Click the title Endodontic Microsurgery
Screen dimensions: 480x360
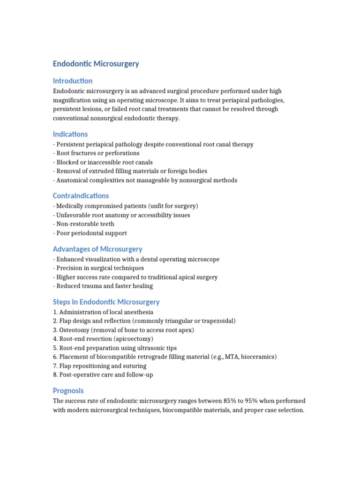click(x=96, y=64)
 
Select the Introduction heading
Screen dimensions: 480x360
click(x=73, y=81)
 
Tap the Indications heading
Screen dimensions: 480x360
click(x=70, y=134)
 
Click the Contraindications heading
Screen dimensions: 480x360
click(x=81, y=196)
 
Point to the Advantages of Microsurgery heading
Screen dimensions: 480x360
click(x=97, y=249)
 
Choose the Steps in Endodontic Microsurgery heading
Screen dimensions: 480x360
click(x=106, y=302)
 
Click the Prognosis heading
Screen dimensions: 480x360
click(x=68, y=391)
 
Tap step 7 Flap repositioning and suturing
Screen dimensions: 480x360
click(x=100, y=366)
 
